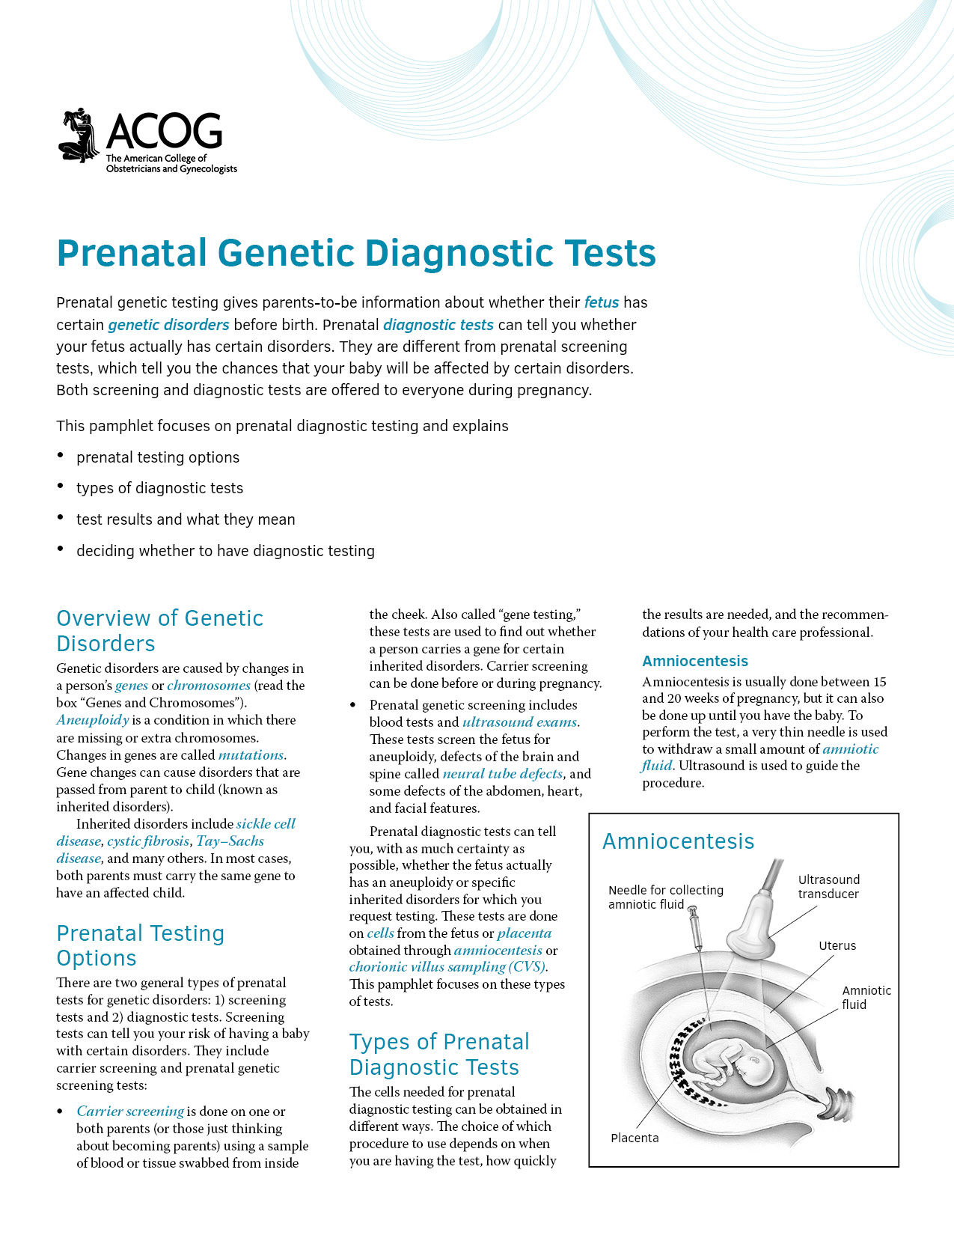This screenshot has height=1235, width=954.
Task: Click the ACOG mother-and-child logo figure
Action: (x=79, y=135)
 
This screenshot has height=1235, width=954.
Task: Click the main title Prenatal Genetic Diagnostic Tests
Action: (x=356, y=253)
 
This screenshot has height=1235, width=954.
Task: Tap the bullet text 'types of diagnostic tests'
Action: (x=159, y=488)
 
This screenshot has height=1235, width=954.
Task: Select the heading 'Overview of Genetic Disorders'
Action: (x=159, y=630)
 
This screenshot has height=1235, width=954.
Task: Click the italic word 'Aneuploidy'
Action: (x=93, y=720)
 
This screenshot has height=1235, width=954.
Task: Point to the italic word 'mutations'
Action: (x=251, y=755)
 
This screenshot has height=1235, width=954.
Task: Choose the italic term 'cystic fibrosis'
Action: (x=148, y=841)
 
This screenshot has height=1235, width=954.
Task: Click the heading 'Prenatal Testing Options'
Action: (x=140, y=945)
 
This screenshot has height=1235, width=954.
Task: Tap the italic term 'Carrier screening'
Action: (x=130, y=1111)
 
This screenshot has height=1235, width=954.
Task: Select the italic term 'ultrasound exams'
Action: (x=520, y=722)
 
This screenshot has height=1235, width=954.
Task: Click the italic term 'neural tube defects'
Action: (x=502, y=774)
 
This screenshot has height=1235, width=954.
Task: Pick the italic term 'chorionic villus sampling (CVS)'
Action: (x=447, y=967)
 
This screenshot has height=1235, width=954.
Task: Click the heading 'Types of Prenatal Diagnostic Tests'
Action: (x=438, y=1055)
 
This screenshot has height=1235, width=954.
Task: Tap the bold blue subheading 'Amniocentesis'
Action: (x=695, y=661)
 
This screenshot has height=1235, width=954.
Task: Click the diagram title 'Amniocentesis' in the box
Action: (x=678, y=841)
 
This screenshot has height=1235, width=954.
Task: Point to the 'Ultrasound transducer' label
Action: (x=828, y=887)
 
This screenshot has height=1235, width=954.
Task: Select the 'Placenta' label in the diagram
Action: (x=635, y=1138)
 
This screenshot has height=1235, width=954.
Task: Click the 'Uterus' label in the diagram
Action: (x=837, y=946)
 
